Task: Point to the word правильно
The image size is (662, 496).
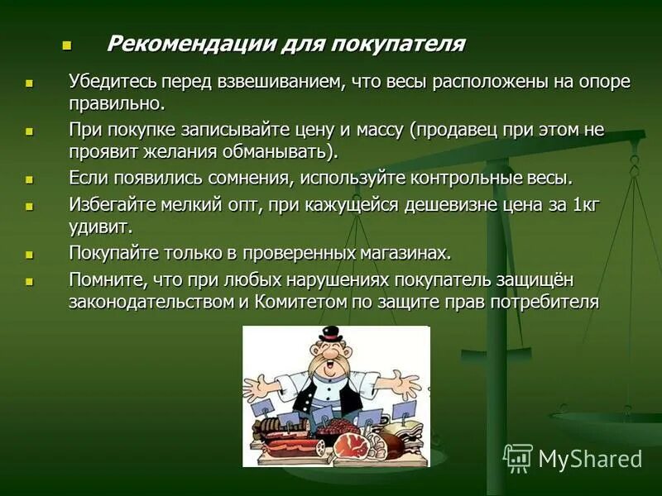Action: coord(116,104)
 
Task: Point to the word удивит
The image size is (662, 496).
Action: coord(99,226)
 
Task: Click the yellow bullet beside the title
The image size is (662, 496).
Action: coord(68,44)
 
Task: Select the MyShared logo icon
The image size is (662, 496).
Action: coord(518,458)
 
